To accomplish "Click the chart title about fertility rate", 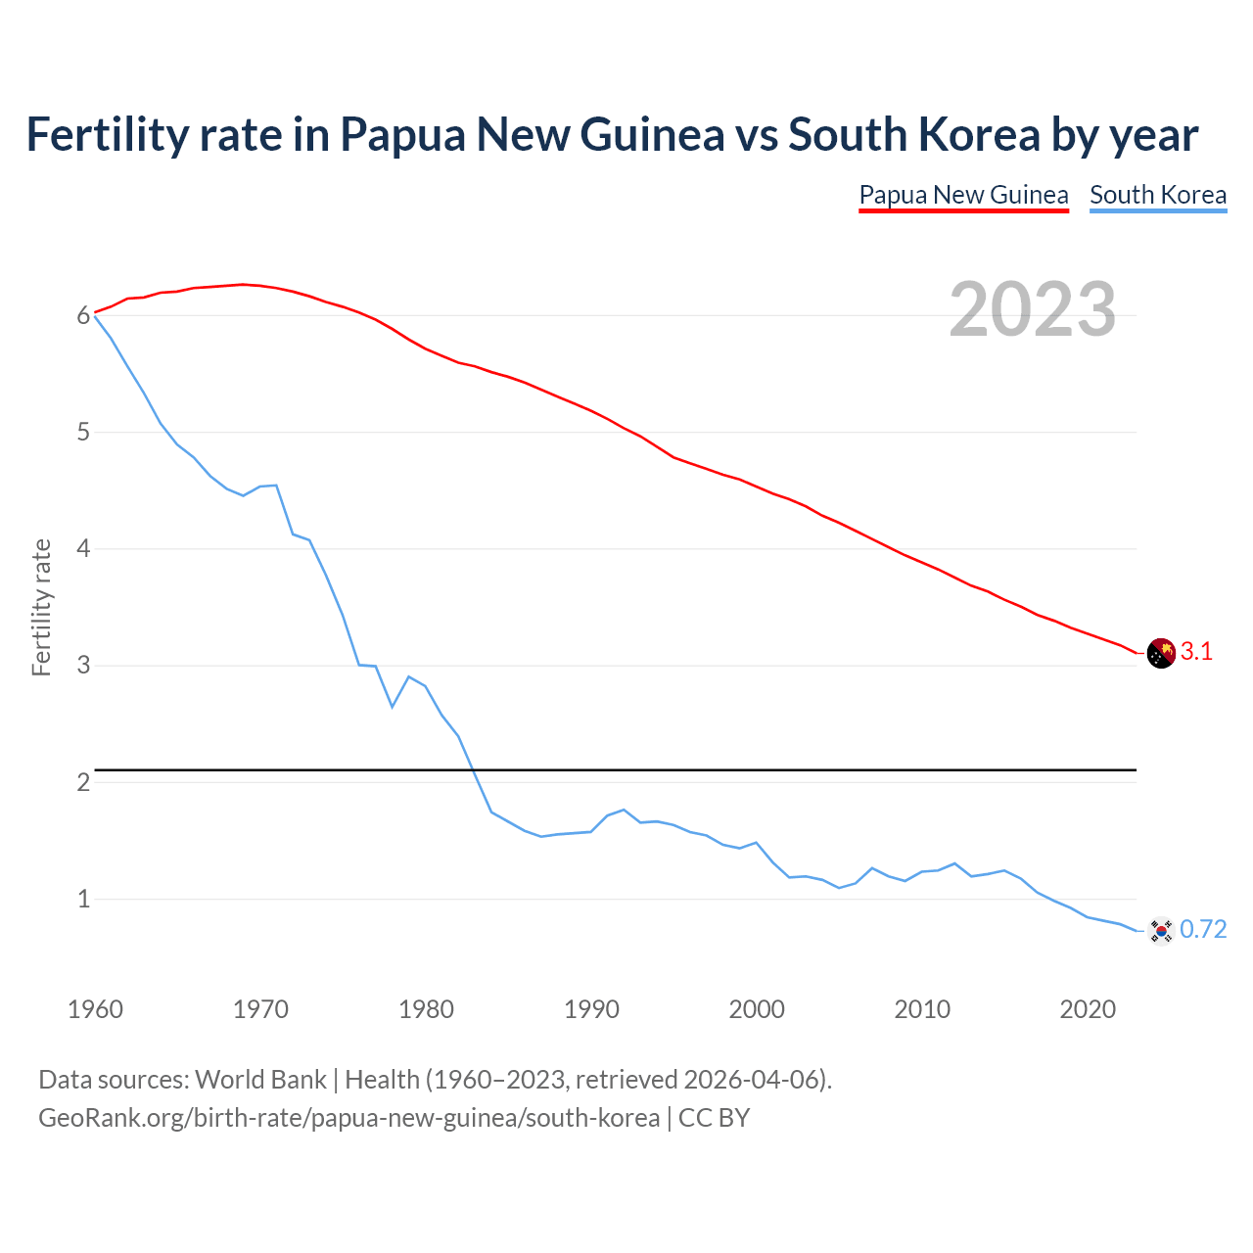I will [612, 135].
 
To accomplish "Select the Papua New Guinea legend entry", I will [963, 195].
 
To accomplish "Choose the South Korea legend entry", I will [1158, 195].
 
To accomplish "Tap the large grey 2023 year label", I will [1033, 309].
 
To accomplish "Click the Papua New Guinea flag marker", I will [1161, 653].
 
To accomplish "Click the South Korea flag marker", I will [1161, 930].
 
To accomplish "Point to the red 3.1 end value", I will [1196, 652].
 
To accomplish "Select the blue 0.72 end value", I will [1203, 930].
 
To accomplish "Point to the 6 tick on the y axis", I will [83, 315].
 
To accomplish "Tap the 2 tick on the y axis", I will [83, 782].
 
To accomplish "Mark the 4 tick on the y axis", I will [83, 549].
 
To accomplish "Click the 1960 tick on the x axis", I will [95, 1009].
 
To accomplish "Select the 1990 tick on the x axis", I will [591, 1009].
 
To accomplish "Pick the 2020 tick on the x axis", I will [1088, 1009].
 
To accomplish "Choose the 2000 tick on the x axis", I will [757, 1009].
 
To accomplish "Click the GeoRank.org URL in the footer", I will [348, 1118].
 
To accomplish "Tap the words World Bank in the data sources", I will [260, 1080].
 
